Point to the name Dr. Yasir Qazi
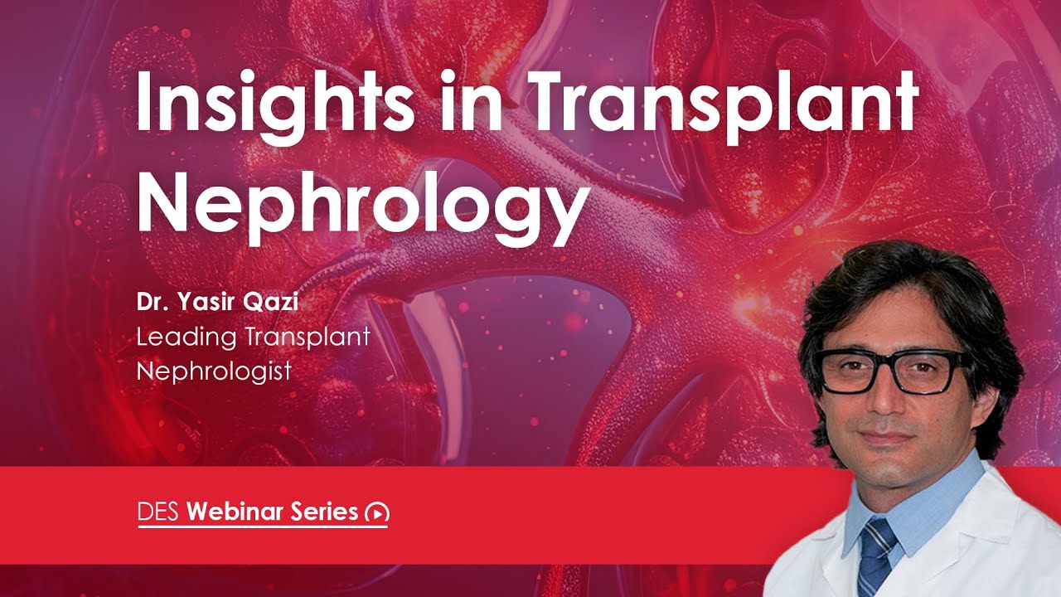point(217,302)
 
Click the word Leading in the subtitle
point(187,337)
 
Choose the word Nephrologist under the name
point(214,371)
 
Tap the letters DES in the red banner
point(159,512)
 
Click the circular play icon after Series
point(377,513)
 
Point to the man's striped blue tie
point(876,556)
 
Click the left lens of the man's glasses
point(850,371)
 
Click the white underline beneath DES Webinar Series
point(263,527)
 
